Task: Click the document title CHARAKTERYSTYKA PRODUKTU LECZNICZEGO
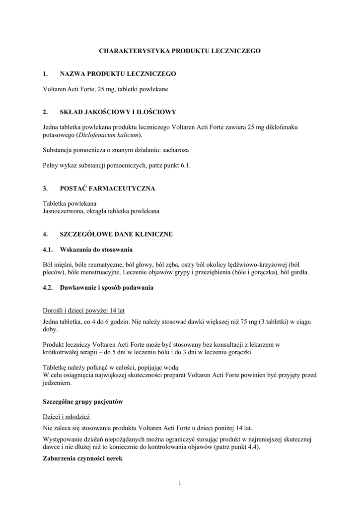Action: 180,51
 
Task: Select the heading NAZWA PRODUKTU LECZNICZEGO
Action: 118,74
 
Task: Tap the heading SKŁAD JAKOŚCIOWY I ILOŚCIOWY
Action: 118,112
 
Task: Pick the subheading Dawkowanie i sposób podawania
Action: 107,287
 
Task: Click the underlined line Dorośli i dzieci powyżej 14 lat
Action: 83,311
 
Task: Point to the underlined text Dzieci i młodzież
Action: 66,417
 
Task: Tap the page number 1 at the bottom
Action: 180,483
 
